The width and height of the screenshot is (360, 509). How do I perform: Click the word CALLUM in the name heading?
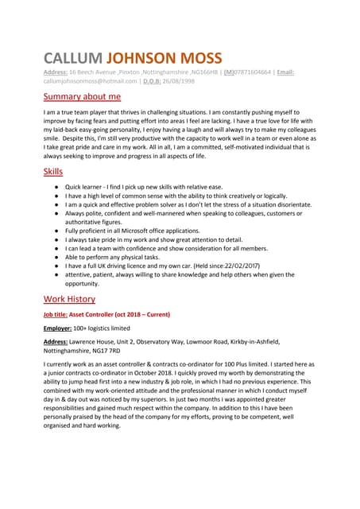pos(72,58)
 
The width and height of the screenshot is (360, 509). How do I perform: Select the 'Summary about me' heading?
pos(82,96)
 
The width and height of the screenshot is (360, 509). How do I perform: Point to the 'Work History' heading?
pos(69,299)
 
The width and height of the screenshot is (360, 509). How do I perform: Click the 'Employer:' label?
pos(58,328)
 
